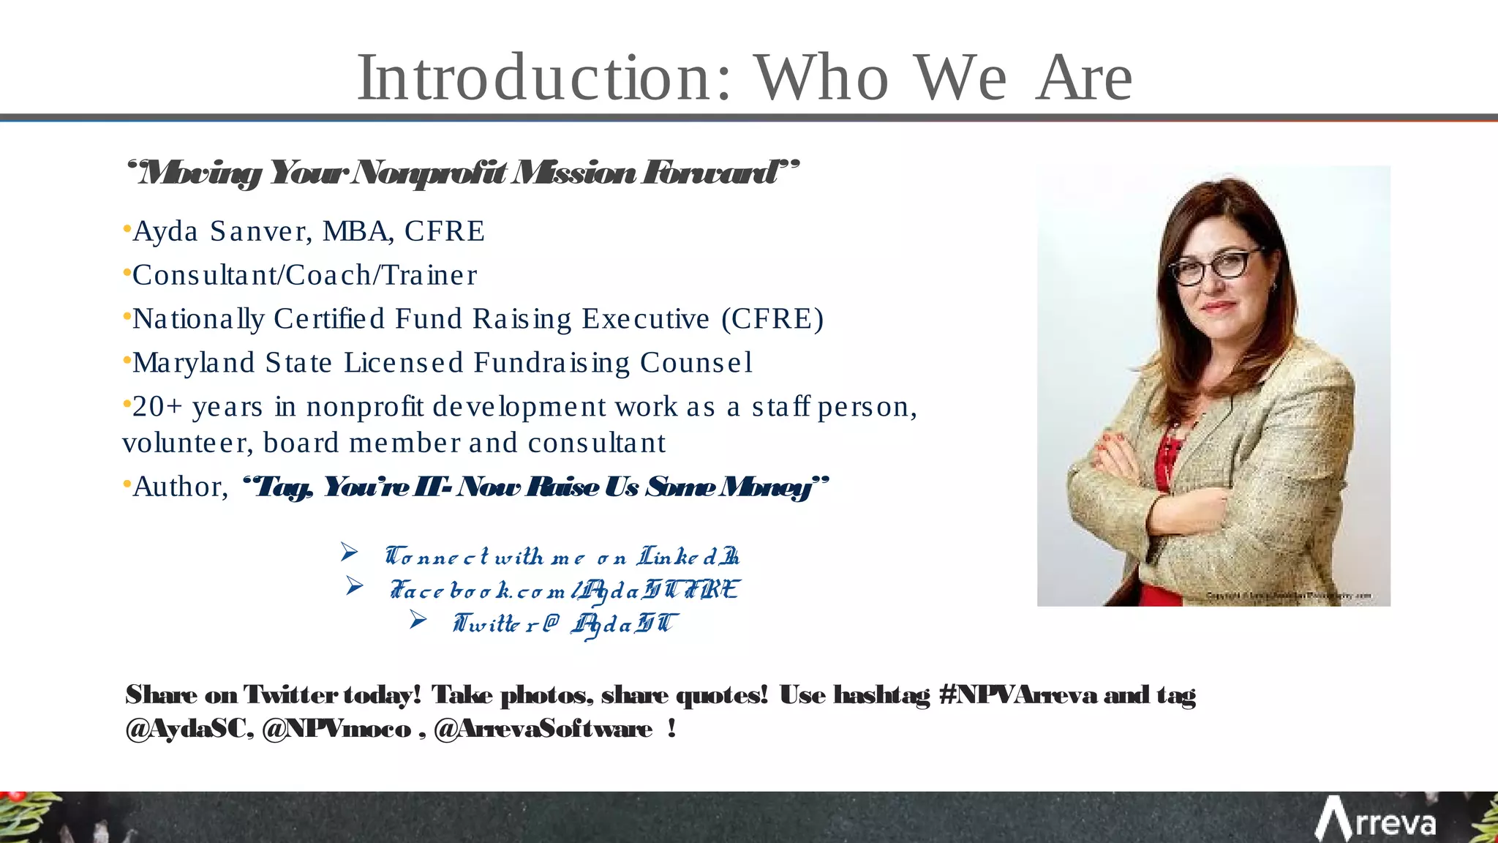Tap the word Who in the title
(821, 78)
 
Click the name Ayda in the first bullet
(165, 231)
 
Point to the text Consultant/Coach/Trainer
(304, 275)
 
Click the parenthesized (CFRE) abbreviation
(772, 319)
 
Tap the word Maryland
(193, 363)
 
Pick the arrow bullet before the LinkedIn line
(349, 552)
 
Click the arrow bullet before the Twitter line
(418, 620)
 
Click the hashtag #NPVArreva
(1017, 694)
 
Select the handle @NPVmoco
(336, 729)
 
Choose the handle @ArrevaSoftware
(543, 729)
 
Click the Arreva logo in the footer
(1375, 820)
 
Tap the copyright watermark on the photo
(1287, 596)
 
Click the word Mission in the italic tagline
(573, 173)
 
